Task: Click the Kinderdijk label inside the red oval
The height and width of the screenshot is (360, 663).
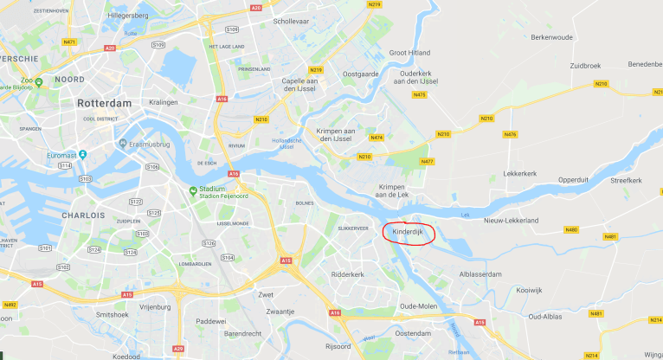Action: coord(406,232)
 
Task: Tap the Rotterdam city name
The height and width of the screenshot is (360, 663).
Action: coord(104,103)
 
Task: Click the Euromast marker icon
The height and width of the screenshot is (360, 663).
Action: coord(83,154)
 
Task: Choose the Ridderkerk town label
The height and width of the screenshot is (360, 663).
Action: coord(349,274)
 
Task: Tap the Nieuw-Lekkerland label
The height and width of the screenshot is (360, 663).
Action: coord(511,221)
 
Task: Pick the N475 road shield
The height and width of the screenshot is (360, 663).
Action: coord(420,94)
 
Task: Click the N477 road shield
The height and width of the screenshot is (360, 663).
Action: coord(427,162)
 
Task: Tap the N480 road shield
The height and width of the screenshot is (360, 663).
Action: coord(571,229)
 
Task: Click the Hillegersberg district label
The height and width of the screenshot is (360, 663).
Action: coord(129,16)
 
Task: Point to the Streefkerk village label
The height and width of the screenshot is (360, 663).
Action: coord(625,180)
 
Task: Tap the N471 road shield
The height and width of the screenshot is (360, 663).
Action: coord(69,42)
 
